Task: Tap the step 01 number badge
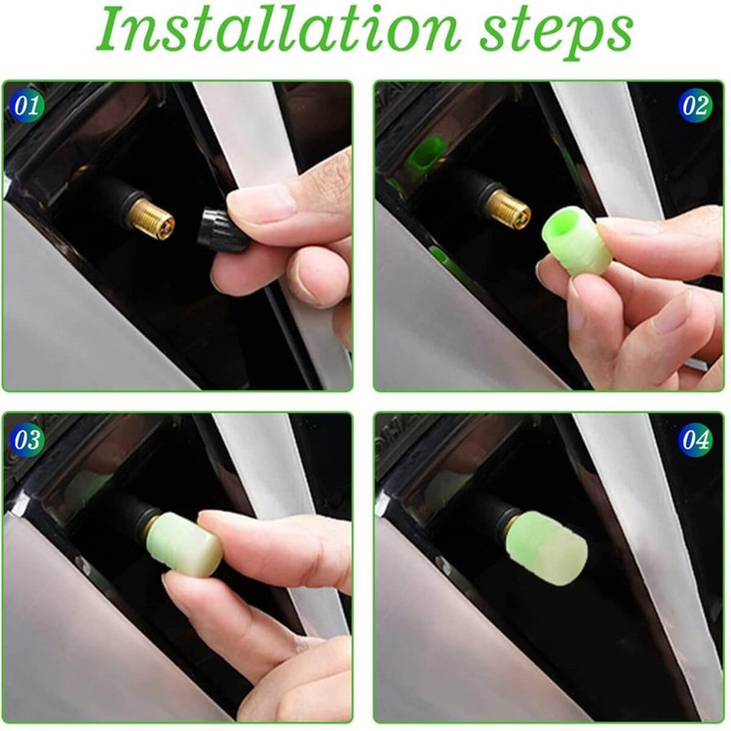26,105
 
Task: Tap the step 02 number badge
695,105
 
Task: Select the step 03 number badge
26,440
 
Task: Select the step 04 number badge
695,440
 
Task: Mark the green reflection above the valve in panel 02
423,152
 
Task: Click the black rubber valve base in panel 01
111,198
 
